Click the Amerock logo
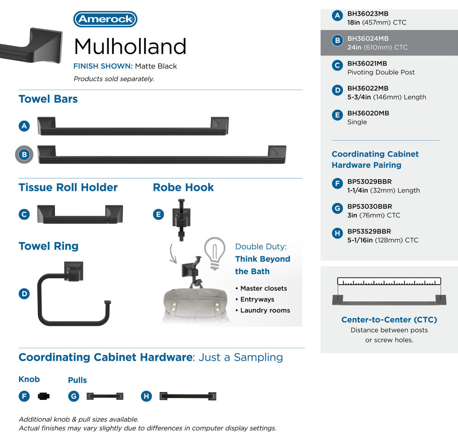pyautogui.click(x=105, y=19)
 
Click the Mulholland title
pyautogui.click(x=130, y=46)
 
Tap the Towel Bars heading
pyautogui.click(x=48, y=99)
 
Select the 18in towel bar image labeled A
pyautogui.click(x=133, y=126)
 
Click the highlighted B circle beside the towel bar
pyautogui.click(x=25, y=155)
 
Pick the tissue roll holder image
pyautogui.click(x=80, y=215)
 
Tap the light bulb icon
pyautogui.click(x=214, y=253)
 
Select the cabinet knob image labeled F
pyautogui.click(x=43, y=396)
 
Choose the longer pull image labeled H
pyautogui.click(x=188, y=396)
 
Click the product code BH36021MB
pyautogui.click(x=367, y=64)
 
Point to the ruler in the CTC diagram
pyautogui.click(x=389, y=281)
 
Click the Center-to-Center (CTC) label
pyautogui.click(x=389, y=320)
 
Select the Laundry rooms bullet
pyautogui.click(x=265, y=310)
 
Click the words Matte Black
pyautogui.click(x=156, y=66)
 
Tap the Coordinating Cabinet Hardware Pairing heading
pyautogui.click(x=375, y=159)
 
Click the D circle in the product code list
pyautogui.click(x=337, y=91)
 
